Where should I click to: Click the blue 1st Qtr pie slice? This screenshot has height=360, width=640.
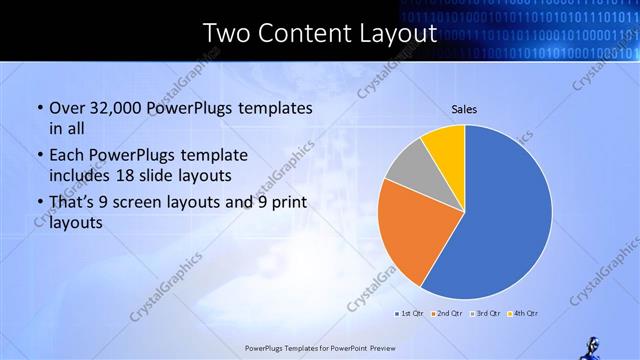(x=505, y=215)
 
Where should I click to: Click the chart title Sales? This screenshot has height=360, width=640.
(x=464, y=108)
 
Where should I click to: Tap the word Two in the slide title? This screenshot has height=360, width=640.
(x=225, y=34)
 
